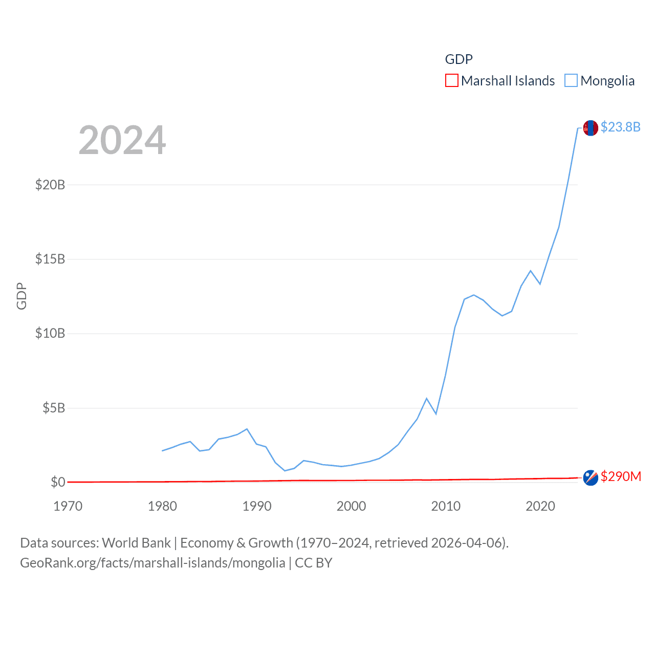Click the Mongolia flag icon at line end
click(591, 128)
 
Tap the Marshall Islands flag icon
click(591, 478)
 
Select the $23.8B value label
click(620, 127)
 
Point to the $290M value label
click(621, 476)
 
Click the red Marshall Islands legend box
click(451, 81)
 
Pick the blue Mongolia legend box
click(571, 81)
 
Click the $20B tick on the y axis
click(50, 185)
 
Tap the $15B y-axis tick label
click(50, 259)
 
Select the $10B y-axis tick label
click(50, 334)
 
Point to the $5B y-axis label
click(54, 408)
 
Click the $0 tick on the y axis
click(58, 482)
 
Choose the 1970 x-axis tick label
click(68, 506)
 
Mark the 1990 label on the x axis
click(257, 506)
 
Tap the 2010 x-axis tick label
click(446, 506)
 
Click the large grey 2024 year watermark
click(122, 140)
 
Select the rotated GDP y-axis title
click(21, 296)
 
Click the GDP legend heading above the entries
click(458, 59)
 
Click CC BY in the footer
click(313, 563)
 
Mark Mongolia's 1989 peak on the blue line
click(247, 429)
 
